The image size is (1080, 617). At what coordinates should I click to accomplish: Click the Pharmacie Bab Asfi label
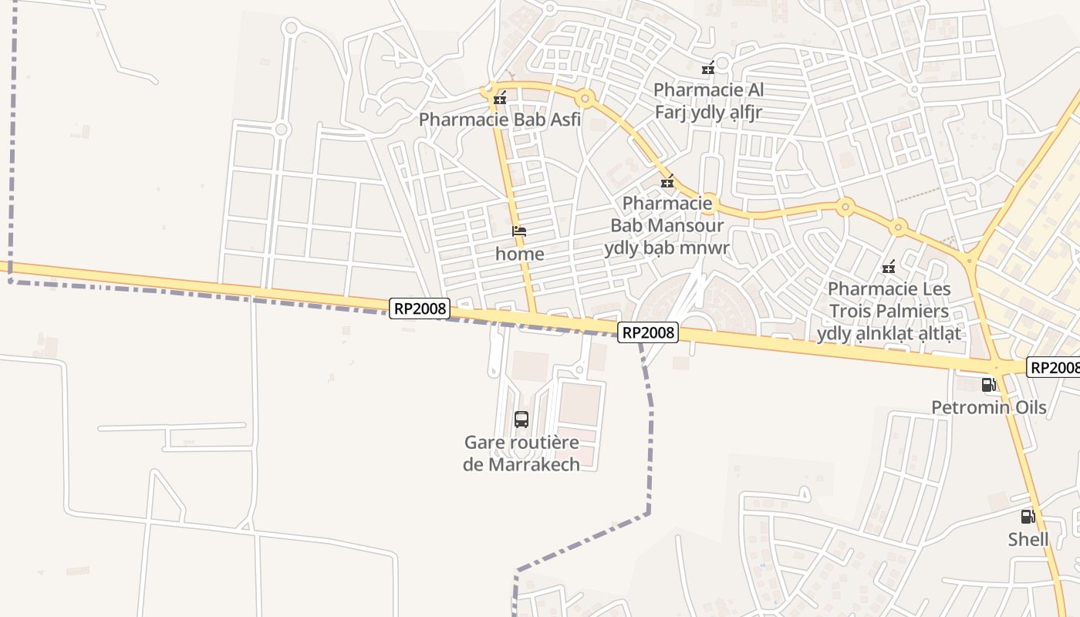coord(499,120)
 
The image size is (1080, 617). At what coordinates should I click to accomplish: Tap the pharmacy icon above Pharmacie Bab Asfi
coord(500,98)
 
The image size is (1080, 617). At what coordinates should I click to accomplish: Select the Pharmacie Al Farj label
coord(708,101)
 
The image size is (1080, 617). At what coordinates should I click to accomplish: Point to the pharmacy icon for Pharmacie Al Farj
coord(708,69)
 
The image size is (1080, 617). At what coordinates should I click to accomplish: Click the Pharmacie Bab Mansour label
coord(667,225)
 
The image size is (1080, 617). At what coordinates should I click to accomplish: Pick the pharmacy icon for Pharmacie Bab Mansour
coord(667,183)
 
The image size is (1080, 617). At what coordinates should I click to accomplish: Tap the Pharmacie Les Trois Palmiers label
coord(889,311)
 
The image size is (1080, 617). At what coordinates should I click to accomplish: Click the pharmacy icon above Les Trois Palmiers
coord(888,268)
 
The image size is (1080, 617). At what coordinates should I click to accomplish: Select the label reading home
coord(519,254)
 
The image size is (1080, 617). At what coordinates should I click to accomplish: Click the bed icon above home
coord(519,231)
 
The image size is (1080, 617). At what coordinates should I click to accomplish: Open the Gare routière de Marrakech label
coord(521,453)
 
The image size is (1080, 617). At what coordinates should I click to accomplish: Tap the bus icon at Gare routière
coord(521,420)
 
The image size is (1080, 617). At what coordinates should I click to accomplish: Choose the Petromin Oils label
coord(988,407)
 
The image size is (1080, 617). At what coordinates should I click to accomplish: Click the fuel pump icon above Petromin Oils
coord(988,384)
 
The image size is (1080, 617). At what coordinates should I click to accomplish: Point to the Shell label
coord(1028,539)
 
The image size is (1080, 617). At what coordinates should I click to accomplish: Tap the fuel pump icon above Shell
coord(1028,517)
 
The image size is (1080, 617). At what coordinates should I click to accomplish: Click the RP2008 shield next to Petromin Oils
coord(1054,367)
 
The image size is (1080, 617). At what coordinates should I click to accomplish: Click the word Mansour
coord(686,225)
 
